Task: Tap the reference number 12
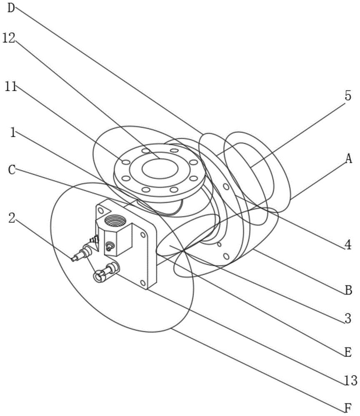[x=9, y=38]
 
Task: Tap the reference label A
[x=348, y=158]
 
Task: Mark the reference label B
[x=348, y=290]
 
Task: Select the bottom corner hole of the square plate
[x=144, y=283]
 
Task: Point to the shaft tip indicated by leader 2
[x=75, y=259]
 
